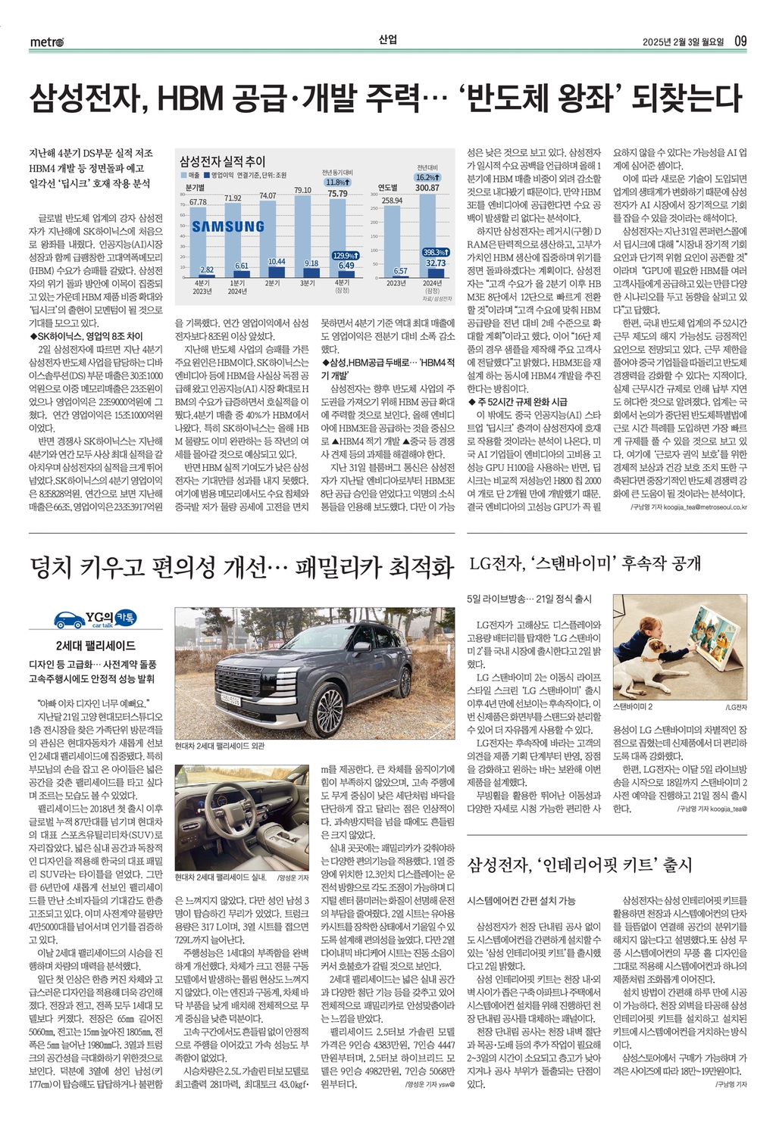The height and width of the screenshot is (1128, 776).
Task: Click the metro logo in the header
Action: (x=47, y=42)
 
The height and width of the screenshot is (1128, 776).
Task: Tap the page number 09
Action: (x=740, y=41)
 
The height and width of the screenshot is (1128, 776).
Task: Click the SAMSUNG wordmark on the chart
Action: (x=228, y=226)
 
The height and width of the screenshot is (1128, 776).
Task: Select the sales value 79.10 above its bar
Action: (x=302, y=190)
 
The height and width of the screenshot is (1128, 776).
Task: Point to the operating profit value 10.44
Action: (x=277, y=261)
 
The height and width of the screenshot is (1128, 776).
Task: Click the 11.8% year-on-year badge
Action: (x=336, y=182)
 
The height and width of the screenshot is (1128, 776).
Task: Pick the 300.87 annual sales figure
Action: (x=427, y=188)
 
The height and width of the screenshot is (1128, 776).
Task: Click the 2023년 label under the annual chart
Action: (x=396, y=282)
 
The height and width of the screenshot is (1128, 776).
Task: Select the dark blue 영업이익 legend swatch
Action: (x=208, y=175)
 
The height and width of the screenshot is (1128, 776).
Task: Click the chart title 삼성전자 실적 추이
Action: (x=223, y=160)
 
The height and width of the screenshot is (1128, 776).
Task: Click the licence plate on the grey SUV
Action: (x=231, y=699)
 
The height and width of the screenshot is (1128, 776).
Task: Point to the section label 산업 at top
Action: (x=387, y=40)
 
